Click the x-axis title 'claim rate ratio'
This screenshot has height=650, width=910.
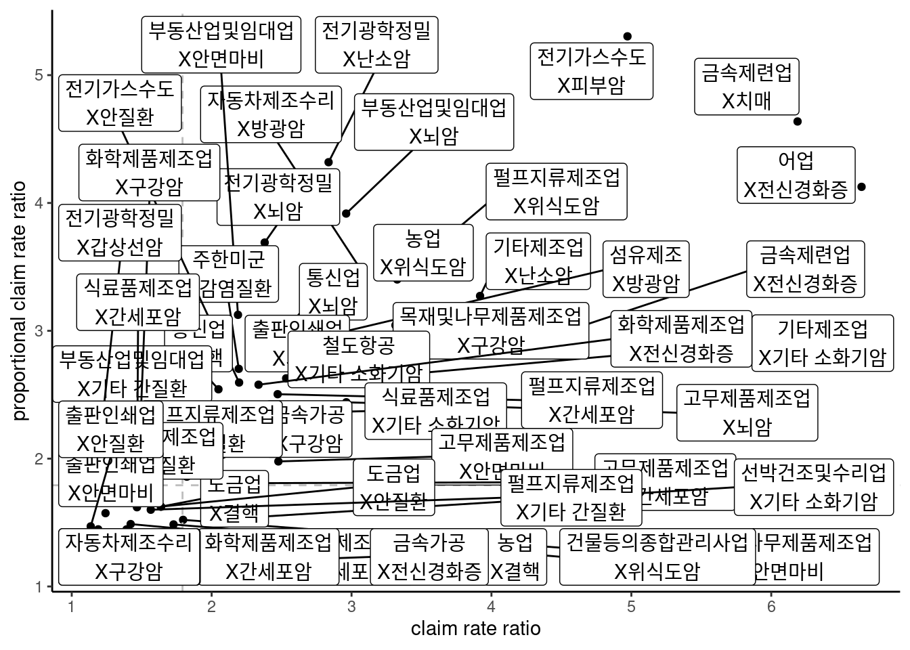pyautogui.click(x=475, y=628)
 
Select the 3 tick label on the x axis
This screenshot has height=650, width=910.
pyautogui.click(x=351, y=607)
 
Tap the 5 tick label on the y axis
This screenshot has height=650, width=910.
pyautogui.click(x=39, y=74)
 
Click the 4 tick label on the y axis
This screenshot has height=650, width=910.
pyautogui.click(x=39, y=202)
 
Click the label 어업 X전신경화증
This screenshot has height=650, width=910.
pyautogui.click(x=796, y=175)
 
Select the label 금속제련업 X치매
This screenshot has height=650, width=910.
pyautogui.click(x=747, y=86)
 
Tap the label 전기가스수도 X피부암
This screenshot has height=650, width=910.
pyautogui.click(x=591, y=71)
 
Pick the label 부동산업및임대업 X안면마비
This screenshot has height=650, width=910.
pyautogui.click(x=221, y=44)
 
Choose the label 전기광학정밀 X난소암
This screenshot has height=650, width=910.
pyautogui.click(x=376, y=44)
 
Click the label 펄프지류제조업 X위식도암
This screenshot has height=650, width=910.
pyautogui.click(x=556, y=191)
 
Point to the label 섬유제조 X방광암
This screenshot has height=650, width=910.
pyautogui.click(x=646, y=269)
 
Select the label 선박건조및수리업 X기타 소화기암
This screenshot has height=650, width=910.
pyautogui.click(x=813, y=486)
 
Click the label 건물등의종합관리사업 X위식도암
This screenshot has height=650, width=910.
pyautogui.click(x=657, y=557)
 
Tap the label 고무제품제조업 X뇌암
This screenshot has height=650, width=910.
pyautogui.click(x=747, y=412)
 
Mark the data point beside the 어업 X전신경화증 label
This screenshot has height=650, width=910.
pyautogui.click(x=861, y=187)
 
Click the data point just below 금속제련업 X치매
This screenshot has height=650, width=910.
pyautogui.click(x=798, y=121)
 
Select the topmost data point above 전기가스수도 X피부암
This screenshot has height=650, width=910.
pyautogui.click(x=628, y=36)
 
